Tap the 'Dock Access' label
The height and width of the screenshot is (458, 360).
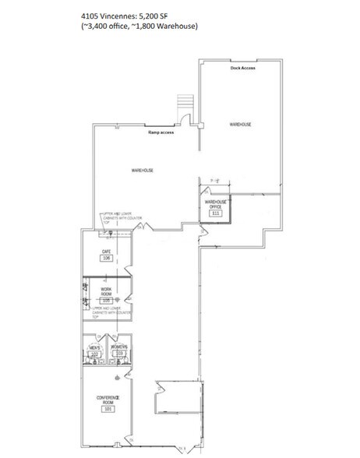coord(242,68)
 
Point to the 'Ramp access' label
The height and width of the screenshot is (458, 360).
coord(161,133)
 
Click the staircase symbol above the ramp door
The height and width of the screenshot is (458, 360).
coord(184,104)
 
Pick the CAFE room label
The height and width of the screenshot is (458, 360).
coord(108,251)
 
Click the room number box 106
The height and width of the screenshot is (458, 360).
coord(108,258)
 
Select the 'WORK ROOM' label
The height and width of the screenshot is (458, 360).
coord(107,293)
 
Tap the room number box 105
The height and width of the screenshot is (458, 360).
coord(107,301)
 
